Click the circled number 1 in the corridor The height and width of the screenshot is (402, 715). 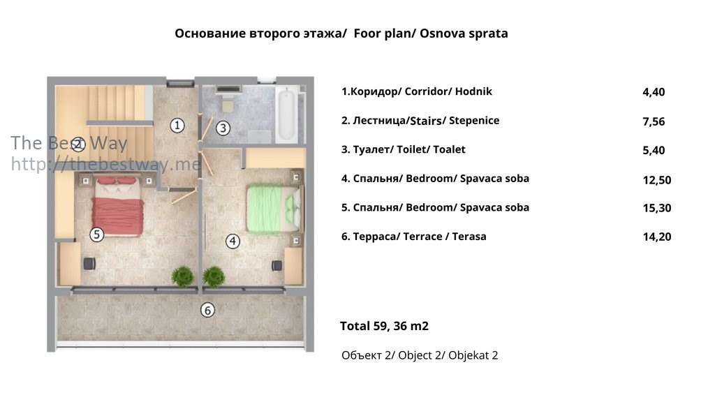point(177,126)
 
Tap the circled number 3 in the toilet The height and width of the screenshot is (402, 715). point(223,128)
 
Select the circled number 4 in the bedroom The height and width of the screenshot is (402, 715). point(233,241)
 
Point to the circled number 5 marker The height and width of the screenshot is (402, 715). point(96,234)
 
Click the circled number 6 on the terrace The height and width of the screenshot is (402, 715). point(207,311)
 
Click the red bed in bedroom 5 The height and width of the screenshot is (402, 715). point(117,206)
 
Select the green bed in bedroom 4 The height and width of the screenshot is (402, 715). point(274,209)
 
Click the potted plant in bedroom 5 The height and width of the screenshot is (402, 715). point(182,276)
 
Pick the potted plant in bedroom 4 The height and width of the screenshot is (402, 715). point(214,276)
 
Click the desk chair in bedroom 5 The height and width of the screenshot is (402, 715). point(89,263)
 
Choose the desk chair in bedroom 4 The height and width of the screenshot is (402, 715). point(277,265)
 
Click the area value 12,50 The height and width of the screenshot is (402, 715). point(656,180)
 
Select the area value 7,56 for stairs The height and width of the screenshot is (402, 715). point(654,121)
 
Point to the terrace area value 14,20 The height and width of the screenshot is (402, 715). point(656,237)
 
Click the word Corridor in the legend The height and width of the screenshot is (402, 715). point(426,91)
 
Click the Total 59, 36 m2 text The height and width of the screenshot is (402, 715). point(385,327)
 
